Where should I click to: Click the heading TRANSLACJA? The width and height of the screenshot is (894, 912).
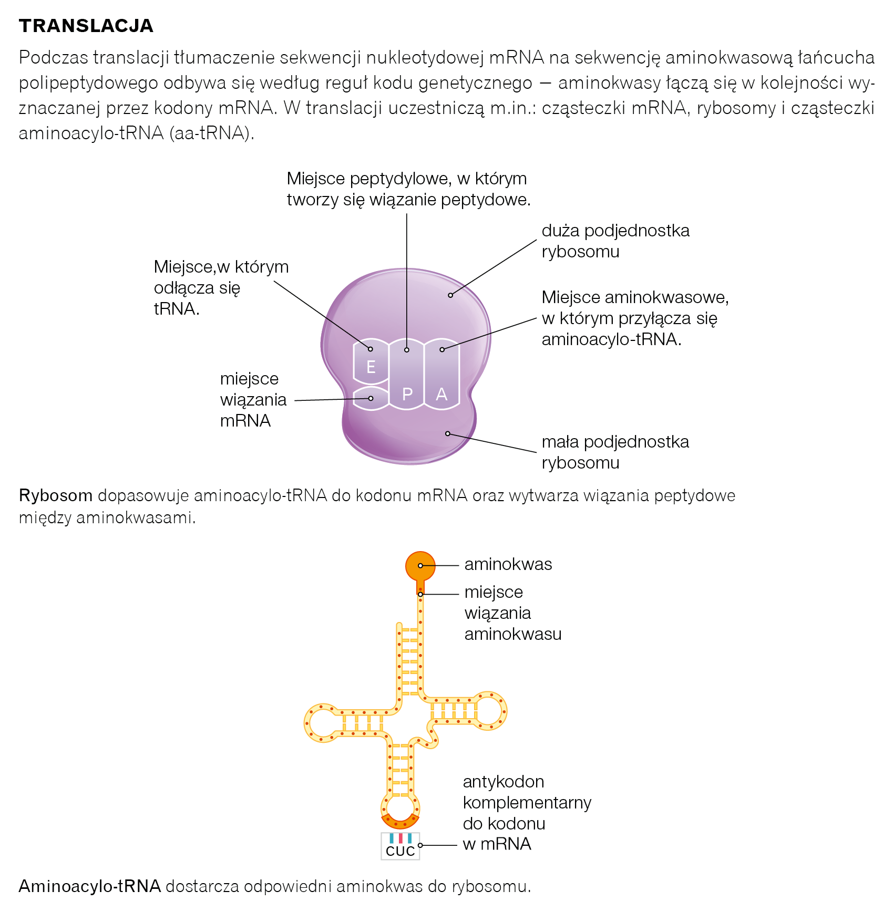86,26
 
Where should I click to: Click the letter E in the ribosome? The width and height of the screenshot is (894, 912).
371,367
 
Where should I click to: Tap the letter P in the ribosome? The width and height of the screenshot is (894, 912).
407,394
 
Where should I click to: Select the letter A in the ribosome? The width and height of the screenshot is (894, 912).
442,394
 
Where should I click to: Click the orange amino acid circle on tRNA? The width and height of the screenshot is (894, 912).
420,566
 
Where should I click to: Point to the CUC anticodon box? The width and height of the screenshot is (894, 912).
400,846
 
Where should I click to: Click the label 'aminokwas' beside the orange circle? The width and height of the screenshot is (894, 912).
508,564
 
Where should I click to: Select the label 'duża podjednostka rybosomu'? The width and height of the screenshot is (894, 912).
615,241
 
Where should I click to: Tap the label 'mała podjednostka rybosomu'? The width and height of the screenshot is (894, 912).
615,452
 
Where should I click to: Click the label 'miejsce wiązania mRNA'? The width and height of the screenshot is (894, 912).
253,400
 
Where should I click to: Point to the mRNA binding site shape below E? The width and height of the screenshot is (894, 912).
371,399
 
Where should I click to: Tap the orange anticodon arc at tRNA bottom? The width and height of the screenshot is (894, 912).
400,820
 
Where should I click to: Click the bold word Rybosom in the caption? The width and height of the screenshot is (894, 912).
56,495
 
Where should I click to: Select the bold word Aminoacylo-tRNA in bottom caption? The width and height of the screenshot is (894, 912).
89,886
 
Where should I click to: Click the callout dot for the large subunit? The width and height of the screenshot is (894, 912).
450,295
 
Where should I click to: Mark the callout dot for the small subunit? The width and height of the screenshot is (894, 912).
448,433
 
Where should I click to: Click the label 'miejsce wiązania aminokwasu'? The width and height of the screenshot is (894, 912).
512,613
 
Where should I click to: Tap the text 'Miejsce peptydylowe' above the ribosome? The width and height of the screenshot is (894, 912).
368,179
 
